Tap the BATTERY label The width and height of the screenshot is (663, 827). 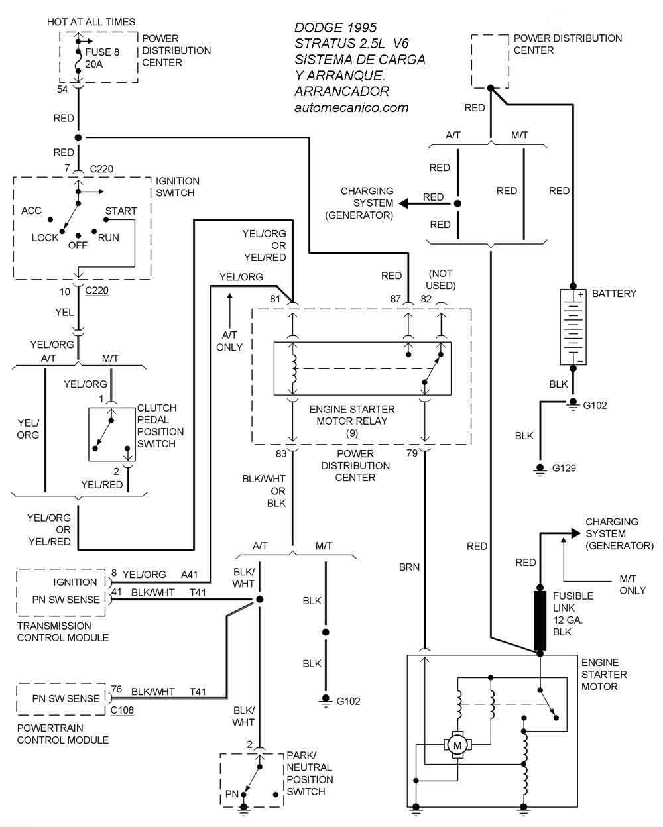[x=614, y=293]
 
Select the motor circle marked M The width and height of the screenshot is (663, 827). [x=457, y=745]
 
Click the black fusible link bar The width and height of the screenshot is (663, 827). [x=540, y=620]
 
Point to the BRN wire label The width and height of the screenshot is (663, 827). [x=408, y=567]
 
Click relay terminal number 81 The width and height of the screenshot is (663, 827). [x=275, y=299]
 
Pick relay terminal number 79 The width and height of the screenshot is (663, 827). [x=412, y=453]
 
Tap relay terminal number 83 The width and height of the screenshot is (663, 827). [x=282, y=453]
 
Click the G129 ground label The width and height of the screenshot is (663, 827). [x=564, y=468]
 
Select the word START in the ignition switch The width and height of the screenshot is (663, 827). [x=121, y=211]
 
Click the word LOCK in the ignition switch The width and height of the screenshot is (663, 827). [x=45, y=237]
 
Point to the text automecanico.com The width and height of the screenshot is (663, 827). [x=351, y=107]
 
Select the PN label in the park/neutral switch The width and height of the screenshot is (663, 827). [x=232, y=793]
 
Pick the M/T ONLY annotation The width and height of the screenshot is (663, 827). [x=633, y=584]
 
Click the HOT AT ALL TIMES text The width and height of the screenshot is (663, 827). [x=91, y=22]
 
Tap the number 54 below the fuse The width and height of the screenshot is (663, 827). [x=62, y=89]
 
